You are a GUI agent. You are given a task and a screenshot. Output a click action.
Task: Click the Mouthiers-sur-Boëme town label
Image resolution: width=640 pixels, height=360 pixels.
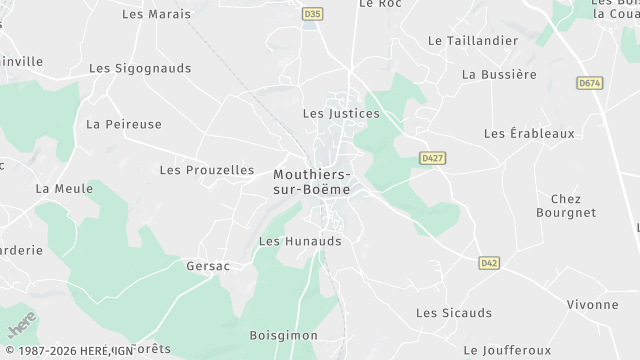coord(312,181)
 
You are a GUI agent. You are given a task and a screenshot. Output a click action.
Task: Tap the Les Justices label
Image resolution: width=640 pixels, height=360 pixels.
coord(341,114)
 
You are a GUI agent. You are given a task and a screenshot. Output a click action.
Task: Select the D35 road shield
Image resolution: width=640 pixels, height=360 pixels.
coord(313,14)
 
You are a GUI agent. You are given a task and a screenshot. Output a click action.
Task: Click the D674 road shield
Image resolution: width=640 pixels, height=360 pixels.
coord(590,83)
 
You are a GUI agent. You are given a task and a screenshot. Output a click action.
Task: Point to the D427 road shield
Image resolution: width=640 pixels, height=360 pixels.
coord(432,158)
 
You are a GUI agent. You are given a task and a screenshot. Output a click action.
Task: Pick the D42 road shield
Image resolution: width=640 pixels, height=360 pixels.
coord(488,263)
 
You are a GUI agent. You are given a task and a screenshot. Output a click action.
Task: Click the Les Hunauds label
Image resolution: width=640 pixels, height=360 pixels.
coord(300,241)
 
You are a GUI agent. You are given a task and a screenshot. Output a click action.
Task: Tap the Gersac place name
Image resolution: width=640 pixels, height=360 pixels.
coord(208,267)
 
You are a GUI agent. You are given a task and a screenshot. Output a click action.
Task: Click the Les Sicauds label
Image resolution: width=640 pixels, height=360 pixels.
coord(454,313)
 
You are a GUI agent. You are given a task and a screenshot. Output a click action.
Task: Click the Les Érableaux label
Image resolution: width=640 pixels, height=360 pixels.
coord(529,133)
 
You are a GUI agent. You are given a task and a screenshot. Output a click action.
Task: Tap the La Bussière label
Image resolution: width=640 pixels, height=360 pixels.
coord(499,74)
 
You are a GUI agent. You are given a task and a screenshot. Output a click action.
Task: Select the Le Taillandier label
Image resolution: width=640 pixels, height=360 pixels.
coord(473,41)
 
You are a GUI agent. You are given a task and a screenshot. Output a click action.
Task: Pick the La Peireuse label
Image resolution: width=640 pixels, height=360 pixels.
coord(124,125)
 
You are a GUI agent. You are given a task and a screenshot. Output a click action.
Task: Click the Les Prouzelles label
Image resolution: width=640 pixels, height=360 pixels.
coord(207,170)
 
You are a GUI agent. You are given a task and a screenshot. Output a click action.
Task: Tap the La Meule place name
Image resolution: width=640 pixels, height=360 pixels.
coord(64,188)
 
